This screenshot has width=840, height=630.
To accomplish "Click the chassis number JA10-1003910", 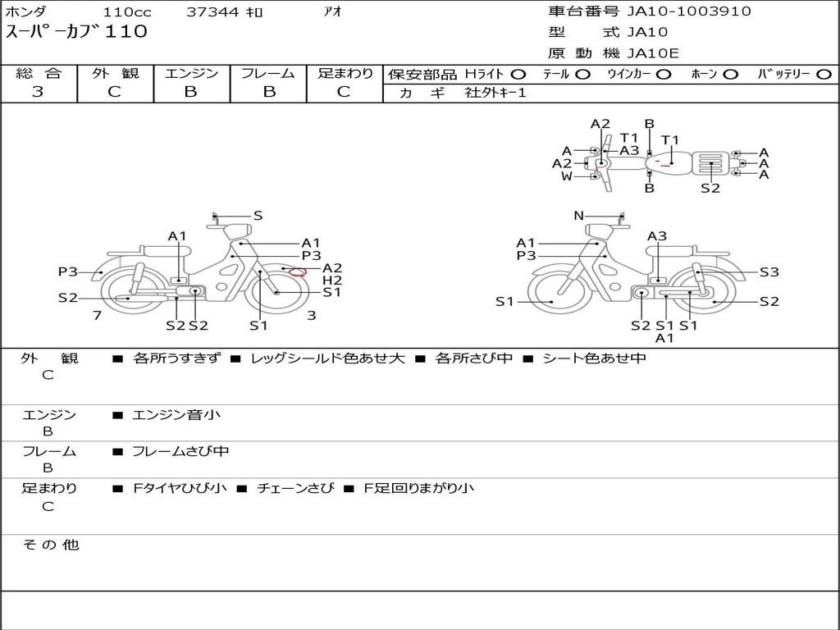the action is (678, 11).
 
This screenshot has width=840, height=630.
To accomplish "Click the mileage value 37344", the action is (212, 11).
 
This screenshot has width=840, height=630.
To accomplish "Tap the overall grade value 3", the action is (38, 92).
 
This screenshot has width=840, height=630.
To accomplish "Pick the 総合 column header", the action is (39, 74).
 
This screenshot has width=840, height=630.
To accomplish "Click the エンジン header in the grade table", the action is (191, 74).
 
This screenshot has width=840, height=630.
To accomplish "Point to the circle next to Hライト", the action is (518, 75).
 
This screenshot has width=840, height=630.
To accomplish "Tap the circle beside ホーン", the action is (731, 75).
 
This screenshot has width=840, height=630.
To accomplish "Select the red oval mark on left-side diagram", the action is (299, 272).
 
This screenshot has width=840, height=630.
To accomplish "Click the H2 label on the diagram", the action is (332, 280).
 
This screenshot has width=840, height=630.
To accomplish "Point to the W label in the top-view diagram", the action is (566, 176).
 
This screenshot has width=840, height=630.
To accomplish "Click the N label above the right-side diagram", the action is (578, 216).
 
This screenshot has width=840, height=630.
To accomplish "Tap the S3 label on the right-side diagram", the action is (769, 272).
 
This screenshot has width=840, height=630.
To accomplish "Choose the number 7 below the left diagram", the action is (97, 315).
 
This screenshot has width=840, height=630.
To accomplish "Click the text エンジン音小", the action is (176, 415).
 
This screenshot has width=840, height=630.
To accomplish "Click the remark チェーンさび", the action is (295, 488).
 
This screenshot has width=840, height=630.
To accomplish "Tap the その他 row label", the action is (50, 545).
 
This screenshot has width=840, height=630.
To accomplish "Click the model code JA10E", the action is (653, 54).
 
